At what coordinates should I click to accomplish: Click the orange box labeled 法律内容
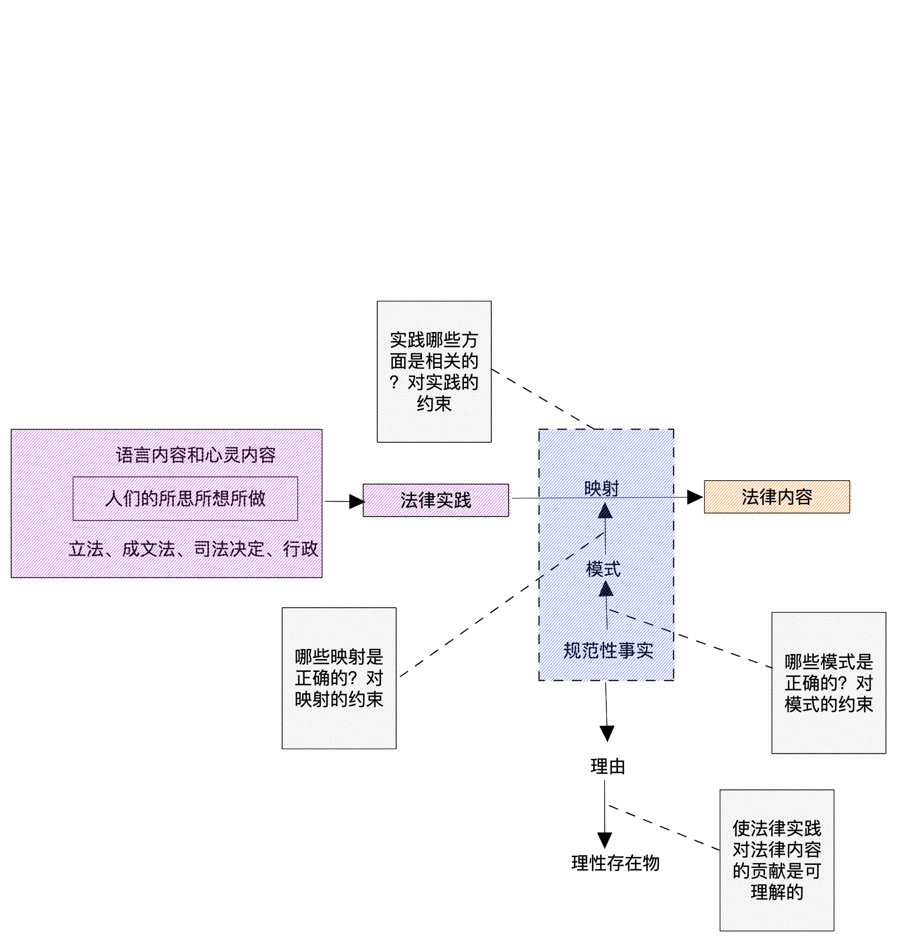(776, 496)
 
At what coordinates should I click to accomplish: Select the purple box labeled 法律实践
(435, 500)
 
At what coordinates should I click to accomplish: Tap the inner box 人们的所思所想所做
(185, 498)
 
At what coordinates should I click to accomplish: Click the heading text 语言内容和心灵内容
(196, 455)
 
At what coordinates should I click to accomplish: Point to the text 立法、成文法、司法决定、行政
(193, 549)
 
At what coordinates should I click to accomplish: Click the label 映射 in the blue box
(602, 488)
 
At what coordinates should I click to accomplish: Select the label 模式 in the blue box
(603, 569)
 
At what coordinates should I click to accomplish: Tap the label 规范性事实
(608, 650)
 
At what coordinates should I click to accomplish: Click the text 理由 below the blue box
(608, 766)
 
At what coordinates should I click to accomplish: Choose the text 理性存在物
(615, 863)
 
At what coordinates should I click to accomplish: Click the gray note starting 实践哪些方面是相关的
(434, 371)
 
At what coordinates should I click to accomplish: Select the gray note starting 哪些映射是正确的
(339, 678)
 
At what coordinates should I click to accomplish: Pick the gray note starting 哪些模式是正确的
(828, 683)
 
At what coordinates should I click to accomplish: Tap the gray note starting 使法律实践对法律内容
(776, 860)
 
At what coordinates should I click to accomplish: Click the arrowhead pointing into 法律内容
(695, 497)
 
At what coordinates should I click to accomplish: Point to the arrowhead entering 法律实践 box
(357, 501)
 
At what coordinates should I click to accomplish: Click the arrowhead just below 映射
(605, 511)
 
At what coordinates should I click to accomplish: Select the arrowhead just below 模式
(606, 589)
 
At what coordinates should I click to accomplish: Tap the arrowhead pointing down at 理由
(607, 733)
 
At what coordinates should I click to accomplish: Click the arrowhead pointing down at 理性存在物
(605, 840)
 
